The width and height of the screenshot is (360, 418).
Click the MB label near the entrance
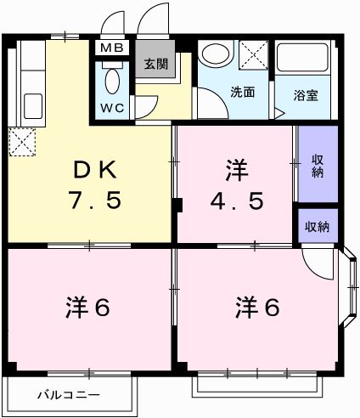[111, 48]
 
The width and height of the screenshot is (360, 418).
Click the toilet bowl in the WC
[111, 81]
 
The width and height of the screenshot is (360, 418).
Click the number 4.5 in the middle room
[238, 202]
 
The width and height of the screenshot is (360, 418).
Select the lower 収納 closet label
[318, 227]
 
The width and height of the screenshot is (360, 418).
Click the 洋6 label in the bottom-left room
[88, 307]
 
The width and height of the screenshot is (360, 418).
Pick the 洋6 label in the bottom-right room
[256, 307]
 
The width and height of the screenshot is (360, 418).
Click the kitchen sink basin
[32, 106]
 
